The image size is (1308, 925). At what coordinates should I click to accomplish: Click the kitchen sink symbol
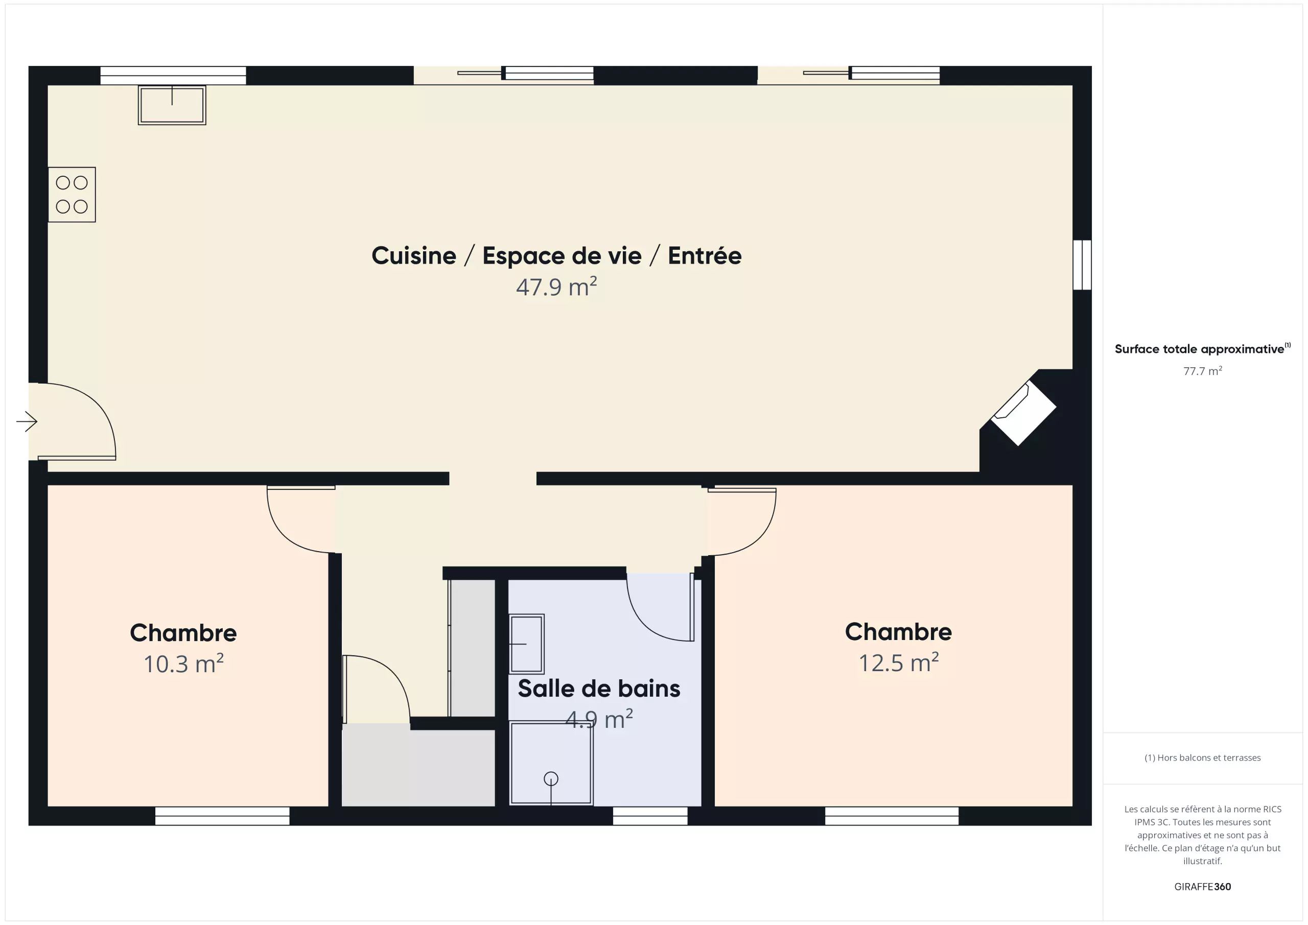172,105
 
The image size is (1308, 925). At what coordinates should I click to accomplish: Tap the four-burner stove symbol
72,194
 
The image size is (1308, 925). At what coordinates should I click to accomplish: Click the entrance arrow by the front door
27,421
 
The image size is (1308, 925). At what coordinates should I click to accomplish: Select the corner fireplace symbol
1024,413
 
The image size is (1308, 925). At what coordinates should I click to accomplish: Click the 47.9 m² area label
556,287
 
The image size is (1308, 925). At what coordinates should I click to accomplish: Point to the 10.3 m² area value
183,663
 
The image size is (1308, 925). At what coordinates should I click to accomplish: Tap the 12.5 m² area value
898,662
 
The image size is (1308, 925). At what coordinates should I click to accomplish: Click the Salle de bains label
599,689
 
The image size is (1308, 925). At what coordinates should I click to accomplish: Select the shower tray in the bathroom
551,763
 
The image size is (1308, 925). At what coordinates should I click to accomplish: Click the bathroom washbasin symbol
526,644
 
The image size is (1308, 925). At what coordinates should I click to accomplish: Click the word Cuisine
414,256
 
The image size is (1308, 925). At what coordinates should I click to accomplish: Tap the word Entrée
705,255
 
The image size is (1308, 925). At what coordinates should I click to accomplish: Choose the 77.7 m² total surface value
1203,371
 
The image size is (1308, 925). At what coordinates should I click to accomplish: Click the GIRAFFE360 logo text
1203,887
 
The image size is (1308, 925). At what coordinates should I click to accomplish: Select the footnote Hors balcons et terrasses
1203,757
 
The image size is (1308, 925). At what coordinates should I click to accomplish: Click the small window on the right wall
1082,265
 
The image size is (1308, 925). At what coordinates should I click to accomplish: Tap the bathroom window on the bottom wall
650,816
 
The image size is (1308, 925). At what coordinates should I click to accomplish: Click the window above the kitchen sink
173,75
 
